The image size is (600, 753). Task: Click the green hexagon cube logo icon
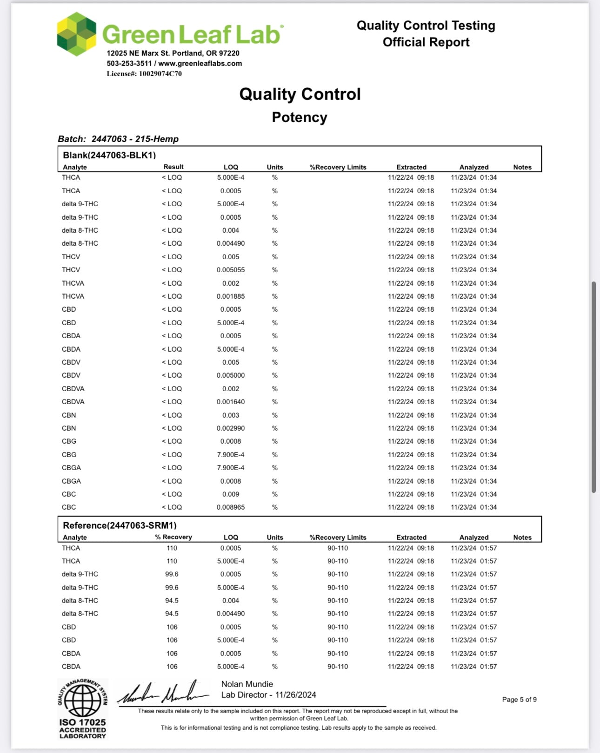(x=77, y=34)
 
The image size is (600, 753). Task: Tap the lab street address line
(x=173, y=53)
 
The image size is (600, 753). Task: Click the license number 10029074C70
(x=160, y=73)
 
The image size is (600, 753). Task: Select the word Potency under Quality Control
(x=300, y=117)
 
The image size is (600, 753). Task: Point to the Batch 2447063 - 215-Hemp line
(x=118, y=139)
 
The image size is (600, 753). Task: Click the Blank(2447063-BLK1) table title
(x=109, y=155)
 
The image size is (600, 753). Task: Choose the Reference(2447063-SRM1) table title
(x=120, y=525)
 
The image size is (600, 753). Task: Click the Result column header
(x=173, y=167)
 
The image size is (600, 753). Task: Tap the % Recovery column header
(x=173, y=537)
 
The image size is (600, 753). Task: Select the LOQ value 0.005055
(x=231, y=270)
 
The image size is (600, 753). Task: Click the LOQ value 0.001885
(x=231, y=296)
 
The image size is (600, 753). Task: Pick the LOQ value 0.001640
(x=231, y=402)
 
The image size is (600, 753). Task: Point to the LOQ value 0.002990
(x=231, y=428)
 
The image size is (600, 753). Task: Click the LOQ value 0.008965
(x=231, y=507)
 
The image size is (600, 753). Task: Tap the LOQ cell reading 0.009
(x=231, y=494)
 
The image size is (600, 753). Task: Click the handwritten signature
(x=163, y=694)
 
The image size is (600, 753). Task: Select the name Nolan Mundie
(x=247, y=684)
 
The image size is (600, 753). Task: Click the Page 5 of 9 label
(x=519, y=700)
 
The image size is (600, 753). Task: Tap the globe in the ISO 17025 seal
(x=82, y=701)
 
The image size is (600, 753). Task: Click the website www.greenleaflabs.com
(x=200, y=64)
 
